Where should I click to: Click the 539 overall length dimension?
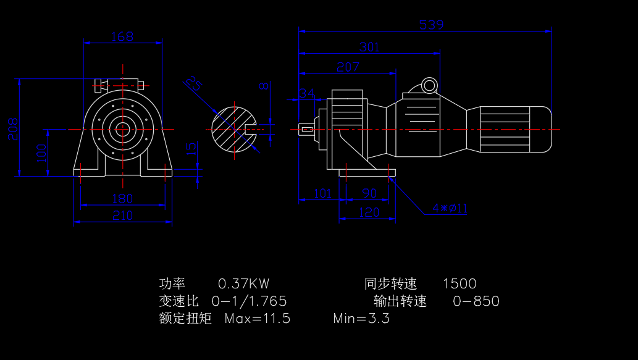coord(431,25)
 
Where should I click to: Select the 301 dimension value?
coord(369,48)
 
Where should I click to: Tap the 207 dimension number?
coord(348,67)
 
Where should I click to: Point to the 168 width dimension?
coord(122,36)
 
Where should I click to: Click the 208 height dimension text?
coord(13,129)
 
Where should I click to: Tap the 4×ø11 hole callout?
coord(450,208)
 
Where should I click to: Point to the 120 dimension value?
coord(369,212)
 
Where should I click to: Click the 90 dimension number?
coord(369,193)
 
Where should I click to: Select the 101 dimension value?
coord(322,193)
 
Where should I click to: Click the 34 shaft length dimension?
coord(306,93)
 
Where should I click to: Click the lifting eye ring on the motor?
coord(429,85)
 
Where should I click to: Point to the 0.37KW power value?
coord(243,284)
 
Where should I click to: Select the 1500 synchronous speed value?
coord(460,284)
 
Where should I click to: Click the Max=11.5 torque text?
coord(257,319)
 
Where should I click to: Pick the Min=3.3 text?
coord(361,319)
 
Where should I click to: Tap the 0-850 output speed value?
coord(476,301)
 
